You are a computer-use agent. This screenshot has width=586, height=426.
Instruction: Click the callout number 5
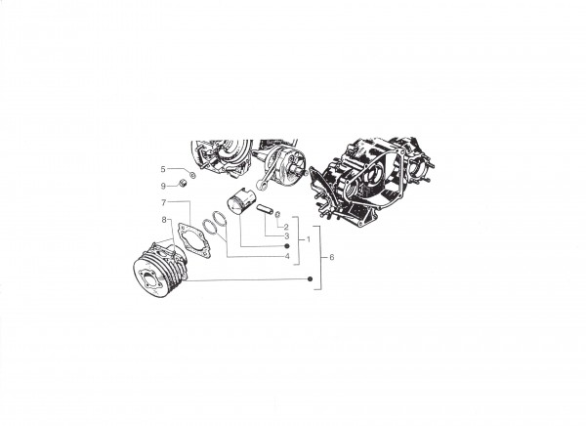tap(162, 169)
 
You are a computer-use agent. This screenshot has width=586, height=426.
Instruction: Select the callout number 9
tap(163, 187)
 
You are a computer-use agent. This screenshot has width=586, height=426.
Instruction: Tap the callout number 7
tap(163, 202)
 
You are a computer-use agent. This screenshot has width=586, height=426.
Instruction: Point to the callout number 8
tap(164, 220)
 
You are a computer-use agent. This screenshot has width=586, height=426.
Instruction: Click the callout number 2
tap(286, 227)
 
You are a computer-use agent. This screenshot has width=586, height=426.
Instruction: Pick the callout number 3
tap(286, 236)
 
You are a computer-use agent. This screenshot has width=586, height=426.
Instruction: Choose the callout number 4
tap(287, 257)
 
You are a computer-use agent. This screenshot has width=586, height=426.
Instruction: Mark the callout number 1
tap(309, 239)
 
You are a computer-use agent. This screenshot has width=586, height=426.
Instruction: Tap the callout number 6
tap(332, 258)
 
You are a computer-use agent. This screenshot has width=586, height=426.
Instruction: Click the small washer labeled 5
tap(192, 176)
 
